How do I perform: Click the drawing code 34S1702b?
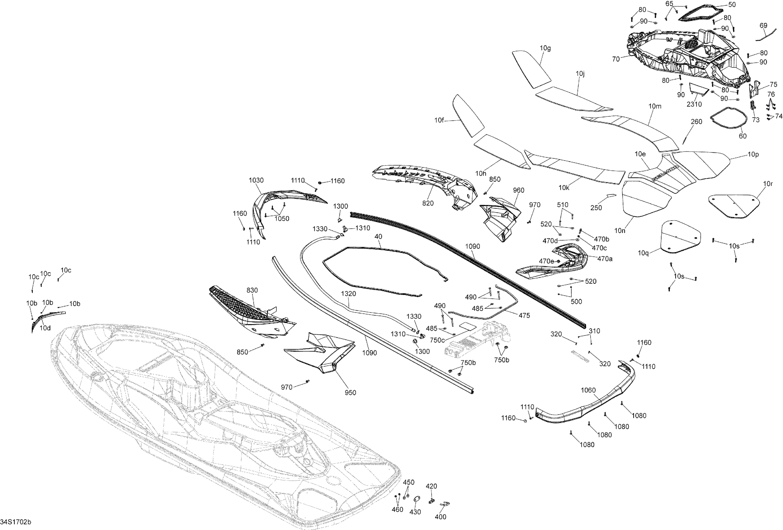pyautogui.click(x=16, y=522)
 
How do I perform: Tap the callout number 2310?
pyautogui.click(x=694, y=104)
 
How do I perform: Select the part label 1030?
pyautogui.click(x=256, y=180)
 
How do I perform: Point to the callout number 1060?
pyautogui.click(x=588, y=390)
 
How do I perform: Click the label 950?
pyautogui.click(x=351, y=392)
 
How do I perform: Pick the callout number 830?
pyautogui.click(x=252, y=290)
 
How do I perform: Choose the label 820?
pyautogui.click(x=428, y=203)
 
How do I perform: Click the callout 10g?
pyautogui.click(x=545, y=48)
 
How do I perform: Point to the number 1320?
pyautogui.click(x=348, y=293)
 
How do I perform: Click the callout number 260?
pyautogui.click(x=696, y=122)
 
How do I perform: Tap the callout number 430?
pyautogui.click(x=415, y=512)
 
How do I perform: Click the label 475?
pyautogui.click(x=524, y=315)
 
